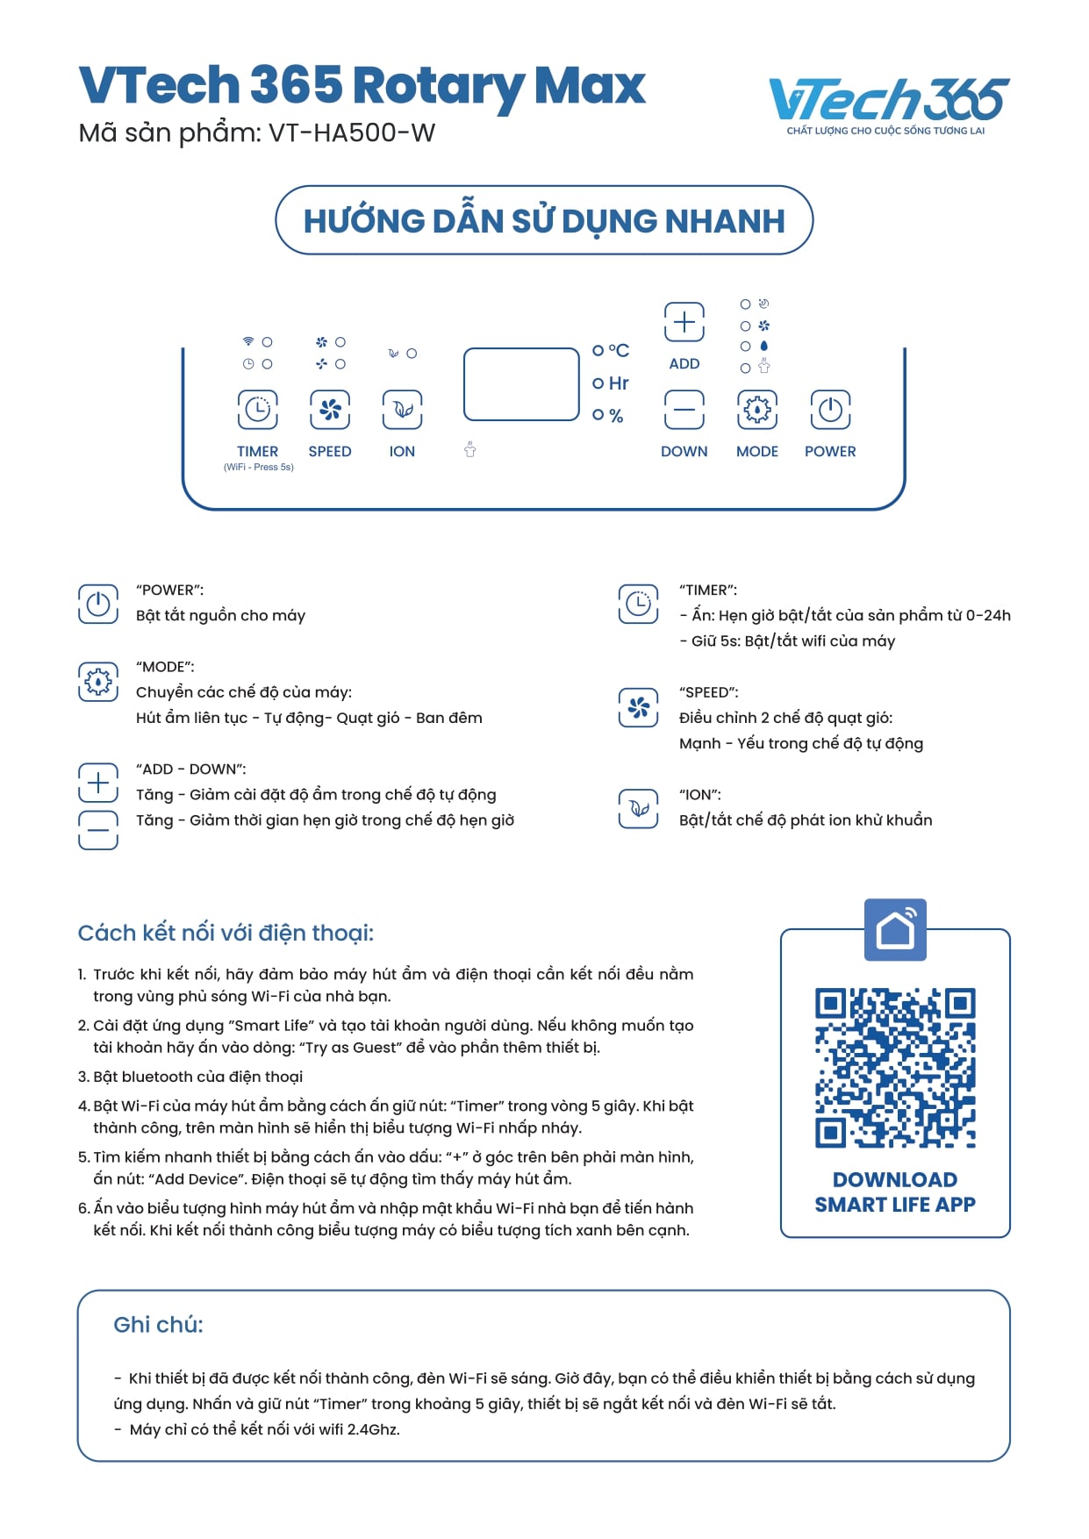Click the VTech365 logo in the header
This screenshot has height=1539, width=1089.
tap(887, 104)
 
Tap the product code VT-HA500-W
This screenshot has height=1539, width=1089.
tap(351, 133)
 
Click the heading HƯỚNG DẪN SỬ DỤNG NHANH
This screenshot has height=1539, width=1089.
tap(544, 221)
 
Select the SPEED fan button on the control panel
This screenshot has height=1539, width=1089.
tap(330, 410)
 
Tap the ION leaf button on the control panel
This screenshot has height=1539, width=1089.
tap(402, 410)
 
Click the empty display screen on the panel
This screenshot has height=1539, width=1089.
tap(521, 384)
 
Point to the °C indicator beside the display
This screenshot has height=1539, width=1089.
tap(613, 351)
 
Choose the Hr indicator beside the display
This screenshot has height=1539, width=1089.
tap(613, 383)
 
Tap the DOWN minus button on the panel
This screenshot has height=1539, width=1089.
tap(684, 410)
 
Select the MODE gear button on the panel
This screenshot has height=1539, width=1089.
tap(757, 410)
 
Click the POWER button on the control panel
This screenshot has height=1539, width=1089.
tap(830, 410)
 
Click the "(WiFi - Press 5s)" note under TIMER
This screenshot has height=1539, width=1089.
tap(259, 468)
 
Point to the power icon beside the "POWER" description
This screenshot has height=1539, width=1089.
tap(98, 604)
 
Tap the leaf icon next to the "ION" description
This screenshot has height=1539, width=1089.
tap(638, 808)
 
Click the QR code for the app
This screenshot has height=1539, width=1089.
tap(895, 1068)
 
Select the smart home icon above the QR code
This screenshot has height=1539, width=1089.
tap(895, 929)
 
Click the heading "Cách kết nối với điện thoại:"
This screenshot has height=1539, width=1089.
tap(226, 933)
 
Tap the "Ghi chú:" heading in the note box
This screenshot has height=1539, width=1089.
tap(158, 1325)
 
